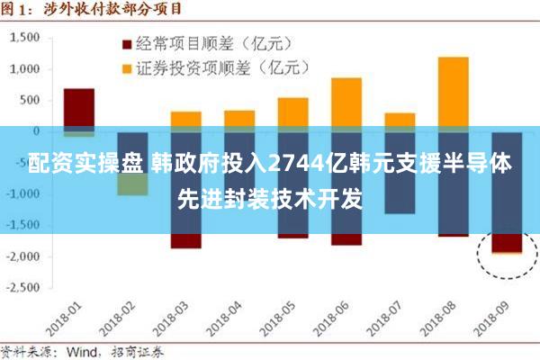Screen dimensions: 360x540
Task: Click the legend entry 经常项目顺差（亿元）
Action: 212,43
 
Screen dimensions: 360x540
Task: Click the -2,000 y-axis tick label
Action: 24,256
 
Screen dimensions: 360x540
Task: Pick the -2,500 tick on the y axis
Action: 24,288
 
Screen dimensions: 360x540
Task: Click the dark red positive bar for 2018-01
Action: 79,108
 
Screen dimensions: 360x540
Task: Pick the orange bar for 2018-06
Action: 346,103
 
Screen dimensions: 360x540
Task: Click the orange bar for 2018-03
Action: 186,120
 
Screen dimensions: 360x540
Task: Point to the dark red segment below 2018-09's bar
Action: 506,242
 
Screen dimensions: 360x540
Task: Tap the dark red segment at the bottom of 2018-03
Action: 186,240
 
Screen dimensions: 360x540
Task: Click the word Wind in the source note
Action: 88,352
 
